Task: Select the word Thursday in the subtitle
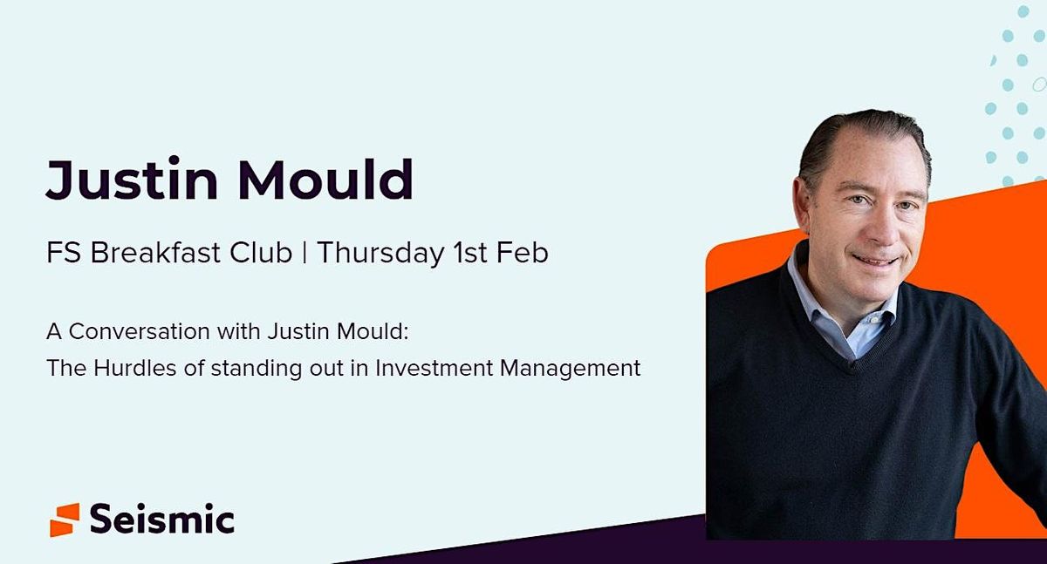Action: [x=380, y=253]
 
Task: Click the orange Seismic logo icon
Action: [x=65, y=519]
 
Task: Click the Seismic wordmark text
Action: [x=162, y=520]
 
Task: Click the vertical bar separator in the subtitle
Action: [x=305, y=253]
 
